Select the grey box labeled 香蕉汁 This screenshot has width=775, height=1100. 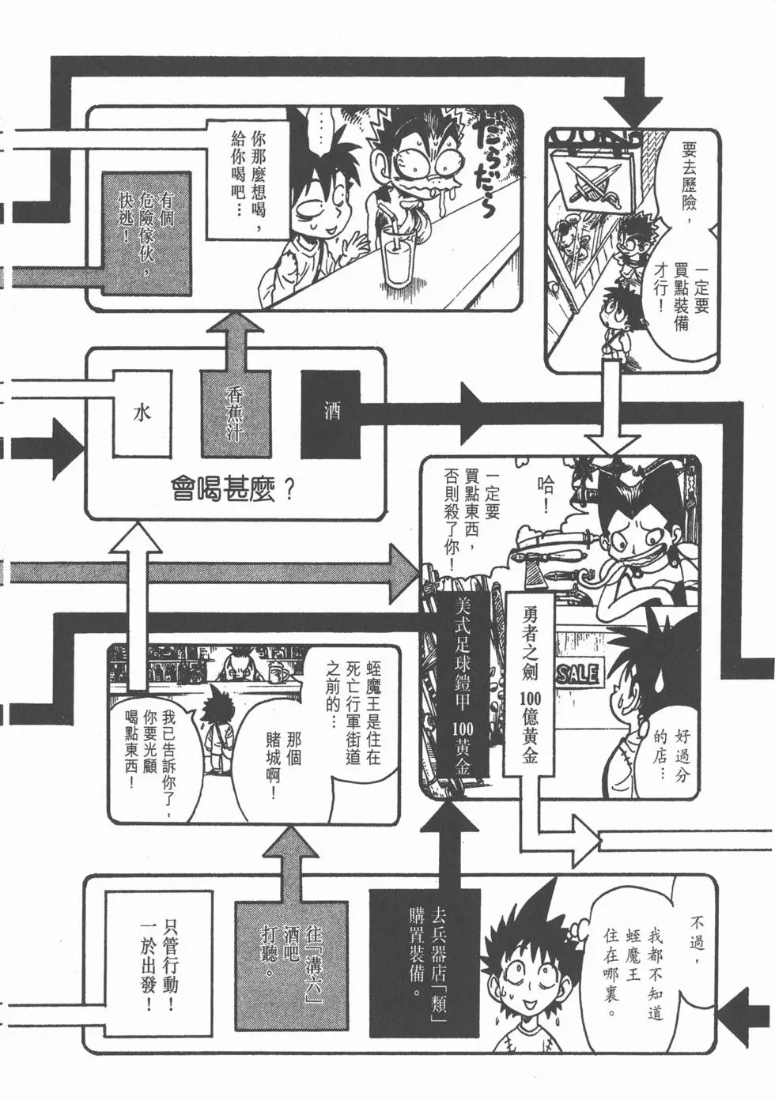[x=236, y=413]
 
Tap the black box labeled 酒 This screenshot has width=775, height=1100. [x=331, y=413]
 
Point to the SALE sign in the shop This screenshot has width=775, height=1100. [x=577, y=673]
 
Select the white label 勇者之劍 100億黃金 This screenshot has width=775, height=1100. [x=529, y=680]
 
